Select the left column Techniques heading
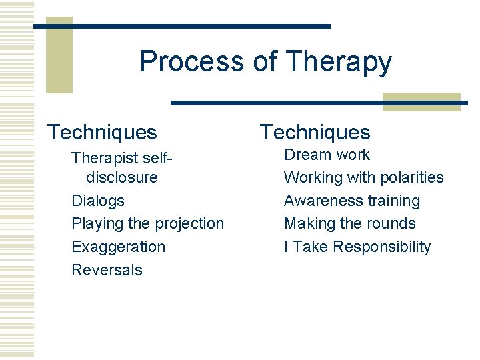coord(102,132)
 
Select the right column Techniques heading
coord(315,132)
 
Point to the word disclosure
coord(122,177)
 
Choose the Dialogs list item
coord(98,200)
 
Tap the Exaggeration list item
coord(118,247)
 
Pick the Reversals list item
coord(107,269)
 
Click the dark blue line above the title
coord(181,26)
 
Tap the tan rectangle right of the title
coord(421,101)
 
